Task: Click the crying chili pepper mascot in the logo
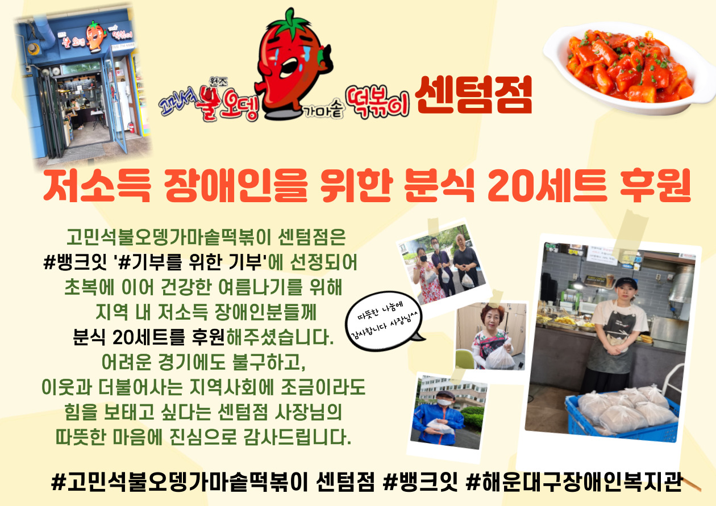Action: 293,64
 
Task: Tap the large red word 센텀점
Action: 473,94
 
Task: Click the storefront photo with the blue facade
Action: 82,86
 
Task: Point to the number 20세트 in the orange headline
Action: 547,186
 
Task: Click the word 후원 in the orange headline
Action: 656,186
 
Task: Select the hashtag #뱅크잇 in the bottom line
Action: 420,482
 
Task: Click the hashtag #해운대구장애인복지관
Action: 575,482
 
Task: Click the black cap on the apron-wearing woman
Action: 626,283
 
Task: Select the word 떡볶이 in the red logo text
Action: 378,102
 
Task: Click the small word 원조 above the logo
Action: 219,82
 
